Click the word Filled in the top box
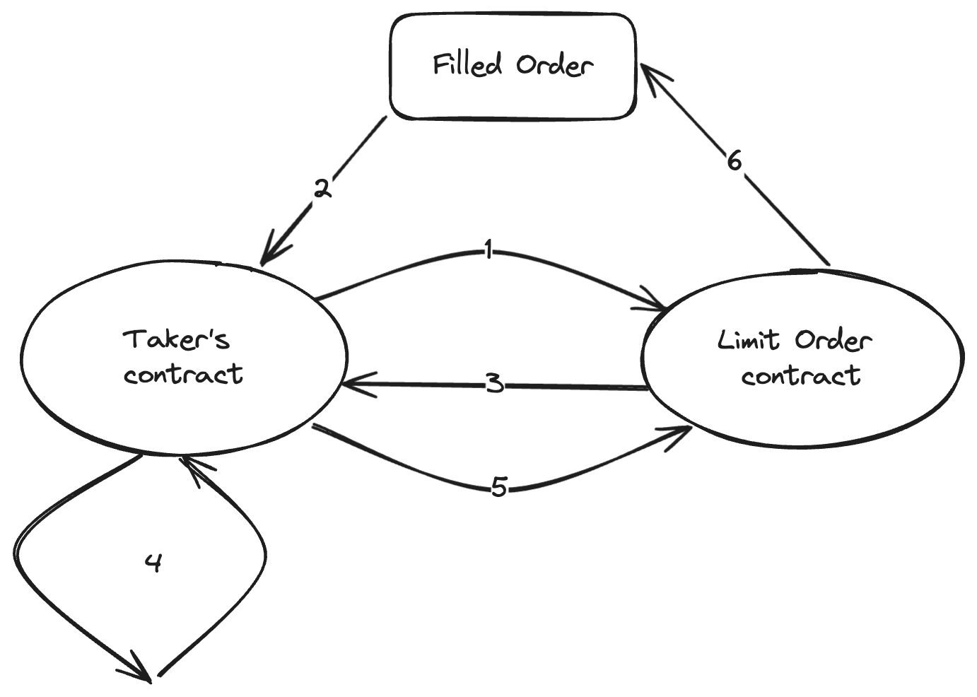coord(467,65)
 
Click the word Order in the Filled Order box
coord(554,65)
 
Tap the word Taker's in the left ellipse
coord(177,339)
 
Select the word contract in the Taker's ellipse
coord(183,373)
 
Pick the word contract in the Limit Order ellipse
coord(801,375)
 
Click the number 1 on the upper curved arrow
coord(488,250)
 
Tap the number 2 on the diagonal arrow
coord(322,189)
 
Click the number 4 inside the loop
coord(153,563)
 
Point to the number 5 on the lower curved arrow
coord(499,487)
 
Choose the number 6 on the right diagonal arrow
coord(735,161)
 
